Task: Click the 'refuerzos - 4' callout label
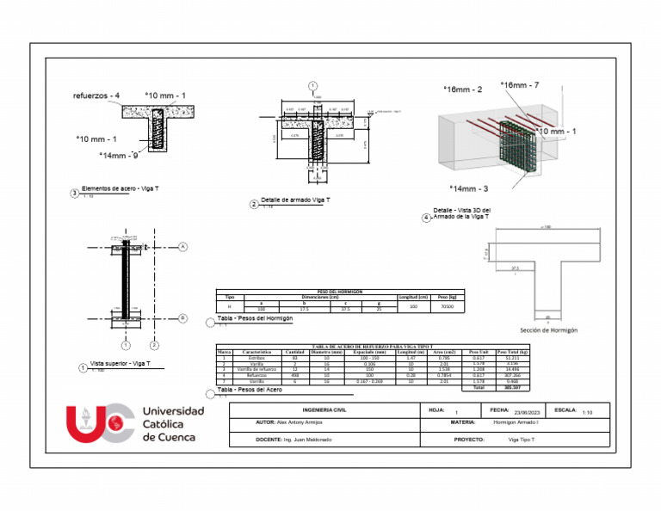[96, 95]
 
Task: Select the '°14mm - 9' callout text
[120, 156]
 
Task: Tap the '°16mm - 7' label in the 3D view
[520, 85]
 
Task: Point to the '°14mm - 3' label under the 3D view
[469, 188]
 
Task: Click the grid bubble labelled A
[183, 247]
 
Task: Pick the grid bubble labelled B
[183, 317]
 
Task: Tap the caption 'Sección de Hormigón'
[548, 330]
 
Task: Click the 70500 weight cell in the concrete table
[447, 306]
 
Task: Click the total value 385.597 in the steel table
[514, 388]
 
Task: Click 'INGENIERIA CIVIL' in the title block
[323, 409]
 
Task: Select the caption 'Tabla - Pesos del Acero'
[250, 390]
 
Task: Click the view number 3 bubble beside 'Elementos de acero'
[74, 194]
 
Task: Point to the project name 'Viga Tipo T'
[522, 440]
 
